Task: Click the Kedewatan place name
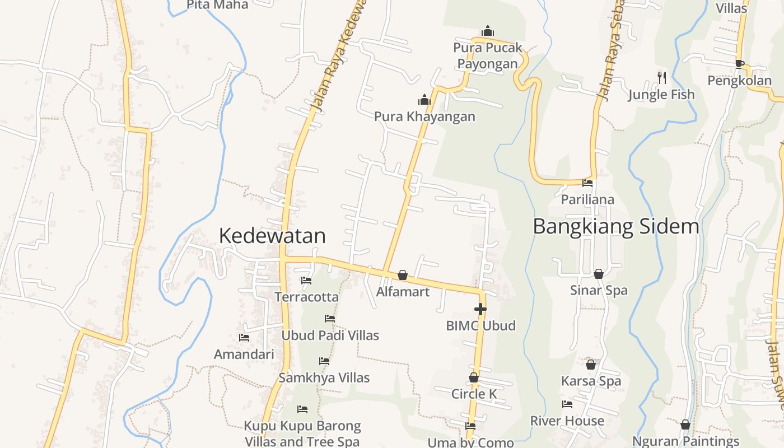point(272,236)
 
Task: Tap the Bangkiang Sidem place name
point(615,227)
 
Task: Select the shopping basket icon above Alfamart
point(403,275)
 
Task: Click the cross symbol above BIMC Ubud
point(480,309)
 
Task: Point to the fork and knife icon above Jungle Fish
point(661,77)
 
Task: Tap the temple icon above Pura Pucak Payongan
point(488,31)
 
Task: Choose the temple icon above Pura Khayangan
point(424,100)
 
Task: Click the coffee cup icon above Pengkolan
point(739,64)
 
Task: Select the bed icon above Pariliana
point(587,183)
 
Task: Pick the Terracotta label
point(306,297)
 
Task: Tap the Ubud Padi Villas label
point(330,335)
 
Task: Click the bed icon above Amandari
point(244,338)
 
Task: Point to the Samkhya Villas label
point(324,378)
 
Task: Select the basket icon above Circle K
point(474,378)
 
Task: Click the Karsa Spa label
point(591,381)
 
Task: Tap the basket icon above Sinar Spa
point(599,274)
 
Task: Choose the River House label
point(567,421)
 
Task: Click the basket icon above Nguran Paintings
point(685,425)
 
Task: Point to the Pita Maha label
point(217,4)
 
